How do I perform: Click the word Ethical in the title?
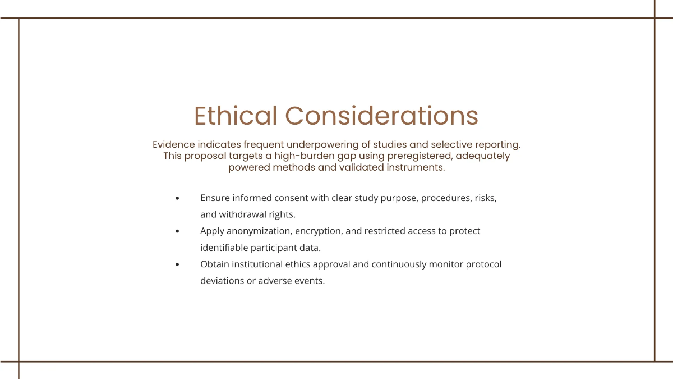tap(236, 116)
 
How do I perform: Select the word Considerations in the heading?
tap(381, 116)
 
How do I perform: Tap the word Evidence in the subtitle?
tap(173, 144)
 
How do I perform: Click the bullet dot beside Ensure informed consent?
tap(177, 198)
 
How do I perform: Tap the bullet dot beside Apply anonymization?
tap(177, 231)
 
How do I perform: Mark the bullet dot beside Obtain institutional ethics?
tap(177, 264)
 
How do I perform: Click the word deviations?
tap(222, 281)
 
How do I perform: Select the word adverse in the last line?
tap(275, 281)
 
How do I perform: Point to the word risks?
tap(485, 198)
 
